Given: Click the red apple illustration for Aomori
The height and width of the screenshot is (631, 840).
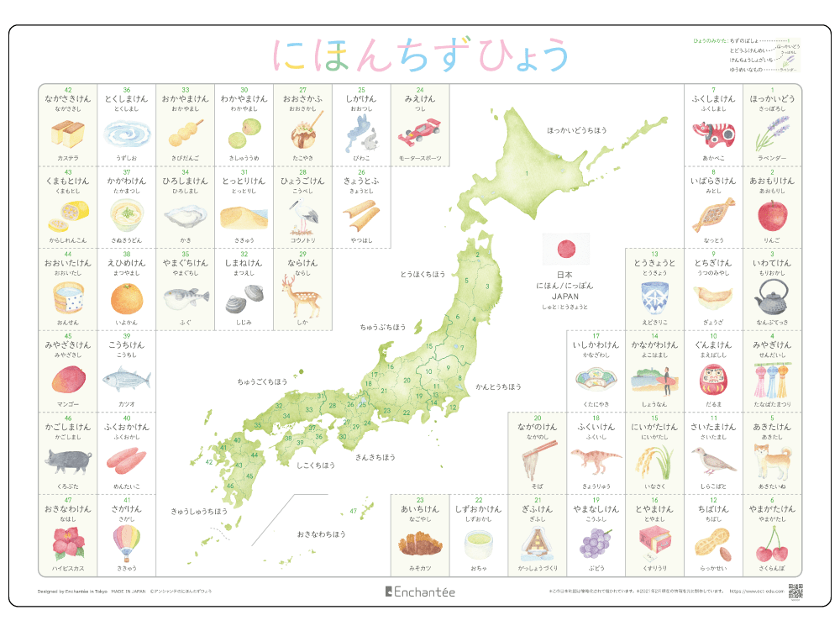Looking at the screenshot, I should coord(772,216).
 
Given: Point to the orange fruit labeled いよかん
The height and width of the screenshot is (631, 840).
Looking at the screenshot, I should coord(126,297).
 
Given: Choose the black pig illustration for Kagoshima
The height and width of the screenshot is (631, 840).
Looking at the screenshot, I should coord(67,460).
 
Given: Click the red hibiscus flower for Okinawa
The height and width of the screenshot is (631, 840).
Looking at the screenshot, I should coord(67,542).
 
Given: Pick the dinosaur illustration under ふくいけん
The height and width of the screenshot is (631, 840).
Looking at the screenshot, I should coord(596,460).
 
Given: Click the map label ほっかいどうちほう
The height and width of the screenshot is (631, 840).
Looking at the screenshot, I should coord(576,130).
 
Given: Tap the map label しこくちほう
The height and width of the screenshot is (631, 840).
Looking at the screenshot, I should coord(316,465).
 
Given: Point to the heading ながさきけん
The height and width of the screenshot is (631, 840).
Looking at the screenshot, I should coord(67,98).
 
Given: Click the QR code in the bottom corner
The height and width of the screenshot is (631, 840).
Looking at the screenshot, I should coord(795,591).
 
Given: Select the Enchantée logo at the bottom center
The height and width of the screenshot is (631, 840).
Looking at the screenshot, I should coord(420,592).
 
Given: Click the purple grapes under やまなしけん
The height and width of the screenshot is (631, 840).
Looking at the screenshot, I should coord(596,542).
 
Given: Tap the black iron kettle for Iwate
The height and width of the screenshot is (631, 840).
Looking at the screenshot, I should coord(772,297).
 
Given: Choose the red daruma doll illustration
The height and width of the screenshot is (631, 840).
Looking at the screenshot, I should coord(713,379).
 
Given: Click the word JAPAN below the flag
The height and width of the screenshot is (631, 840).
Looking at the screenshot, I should coord(564,297).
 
